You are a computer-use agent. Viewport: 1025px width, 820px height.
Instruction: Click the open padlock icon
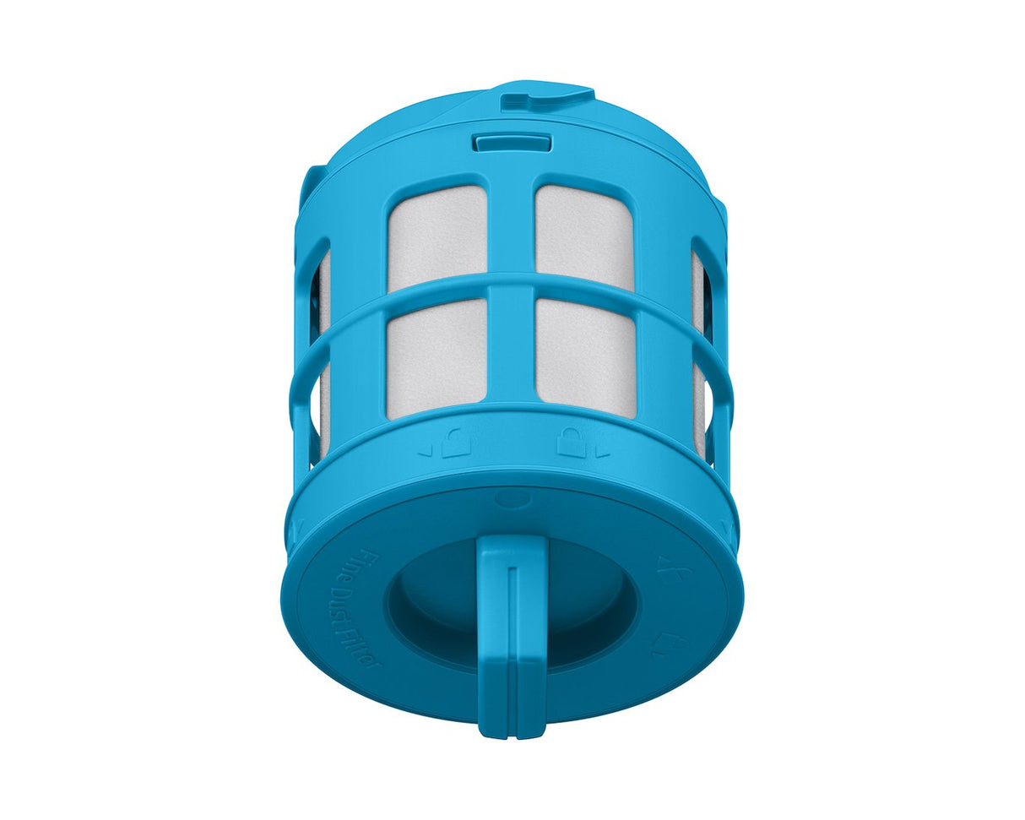pyautogui.click(x=456, y=444)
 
